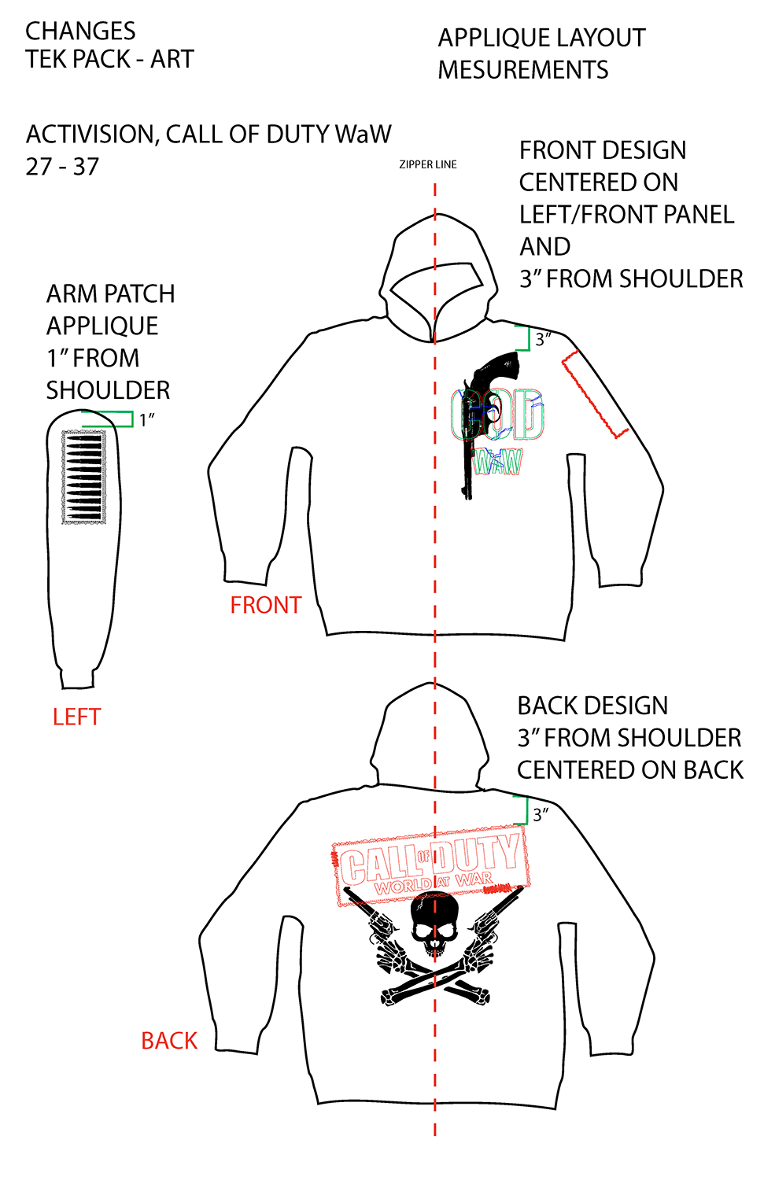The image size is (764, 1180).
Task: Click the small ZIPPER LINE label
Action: pyautogui.click(x=427, y=164)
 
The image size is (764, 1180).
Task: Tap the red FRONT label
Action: pyautogui.click(x=265, y=605)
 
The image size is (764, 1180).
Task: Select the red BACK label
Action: pyautogui.click(x=169, y=1041)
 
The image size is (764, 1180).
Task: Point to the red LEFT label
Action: pyautogui.click(x=76, y=717)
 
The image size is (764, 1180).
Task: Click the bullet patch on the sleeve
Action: pyautogui.click(x=83, y=478)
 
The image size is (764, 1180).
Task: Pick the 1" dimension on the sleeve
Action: pyautogui.click(x=146, y=420)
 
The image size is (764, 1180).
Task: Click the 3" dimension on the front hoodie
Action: pyautogui.click(x=542, y=340)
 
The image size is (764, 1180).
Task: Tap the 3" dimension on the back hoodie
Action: pyautogui.click(x=541, y=814)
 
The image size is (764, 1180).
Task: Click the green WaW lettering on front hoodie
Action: pyautogui.click(x=497, y=462)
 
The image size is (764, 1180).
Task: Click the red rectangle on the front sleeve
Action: pyautogui.click(x=594, y=394)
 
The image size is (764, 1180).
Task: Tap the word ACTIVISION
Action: pyautogui.click(x=91, y=135)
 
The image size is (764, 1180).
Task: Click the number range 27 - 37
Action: pyautogui.click(x=62, y=167)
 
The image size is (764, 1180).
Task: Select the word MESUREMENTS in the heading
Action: pyautogui.click(x=523, y=70)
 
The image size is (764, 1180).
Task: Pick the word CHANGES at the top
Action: pyautogui.click(x=80, y=31)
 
